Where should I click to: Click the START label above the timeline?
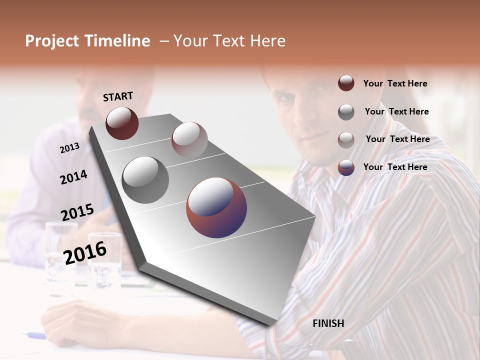(118, 96)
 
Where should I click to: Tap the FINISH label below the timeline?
(328, 323)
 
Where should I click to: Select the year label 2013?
(69, 147)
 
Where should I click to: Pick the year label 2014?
(73, 177)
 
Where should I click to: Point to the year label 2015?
(77, 212)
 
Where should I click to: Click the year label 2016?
(85, 252)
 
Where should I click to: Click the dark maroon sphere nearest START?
(122, 123)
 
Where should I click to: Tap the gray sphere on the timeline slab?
(145, 179)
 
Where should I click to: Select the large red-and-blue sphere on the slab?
(216, 207)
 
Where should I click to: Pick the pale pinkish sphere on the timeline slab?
(189, 139)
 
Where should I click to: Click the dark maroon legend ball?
(346, 83)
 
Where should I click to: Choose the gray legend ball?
(346, 112)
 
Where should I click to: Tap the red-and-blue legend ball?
(346, 167)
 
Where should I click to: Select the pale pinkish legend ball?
(346, 139)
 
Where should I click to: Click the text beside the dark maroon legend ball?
(395, 83)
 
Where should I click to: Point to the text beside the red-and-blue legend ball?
(395, 167)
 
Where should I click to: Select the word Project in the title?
(51, 41)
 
